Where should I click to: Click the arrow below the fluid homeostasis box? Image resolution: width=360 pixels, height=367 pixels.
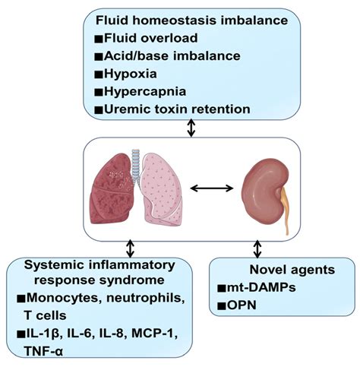[x=191, y=129]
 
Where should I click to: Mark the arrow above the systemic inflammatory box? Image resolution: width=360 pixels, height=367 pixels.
[x=130, y=248]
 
